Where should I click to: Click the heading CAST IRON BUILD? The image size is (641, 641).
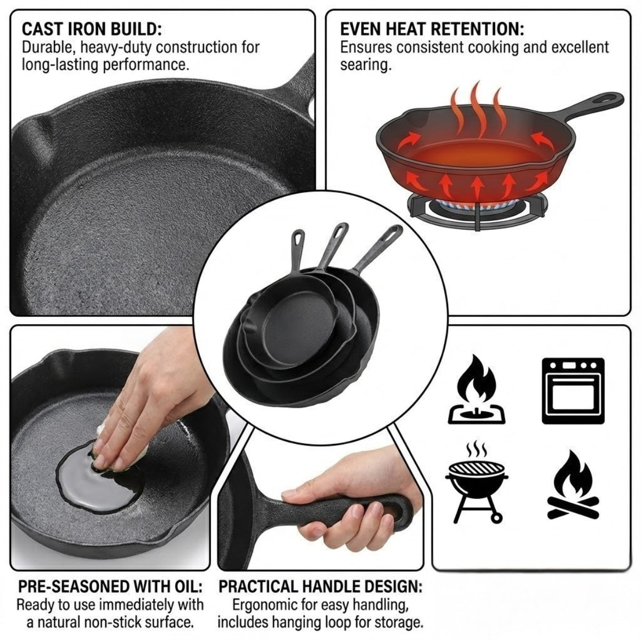coord(92,29)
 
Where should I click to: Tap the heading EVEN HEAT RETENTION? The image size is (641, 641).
coord(432,29)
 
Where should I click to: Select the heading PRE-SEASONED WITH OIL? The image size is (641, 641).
coord(110,586)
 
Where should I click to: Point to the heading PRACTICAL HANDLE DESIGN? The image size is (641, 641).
coord(320,586)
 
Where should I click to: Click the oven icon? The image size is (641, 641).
coord(573,390)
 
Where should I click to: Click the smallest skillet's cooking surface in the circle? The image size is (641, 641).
coord(294,333)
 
